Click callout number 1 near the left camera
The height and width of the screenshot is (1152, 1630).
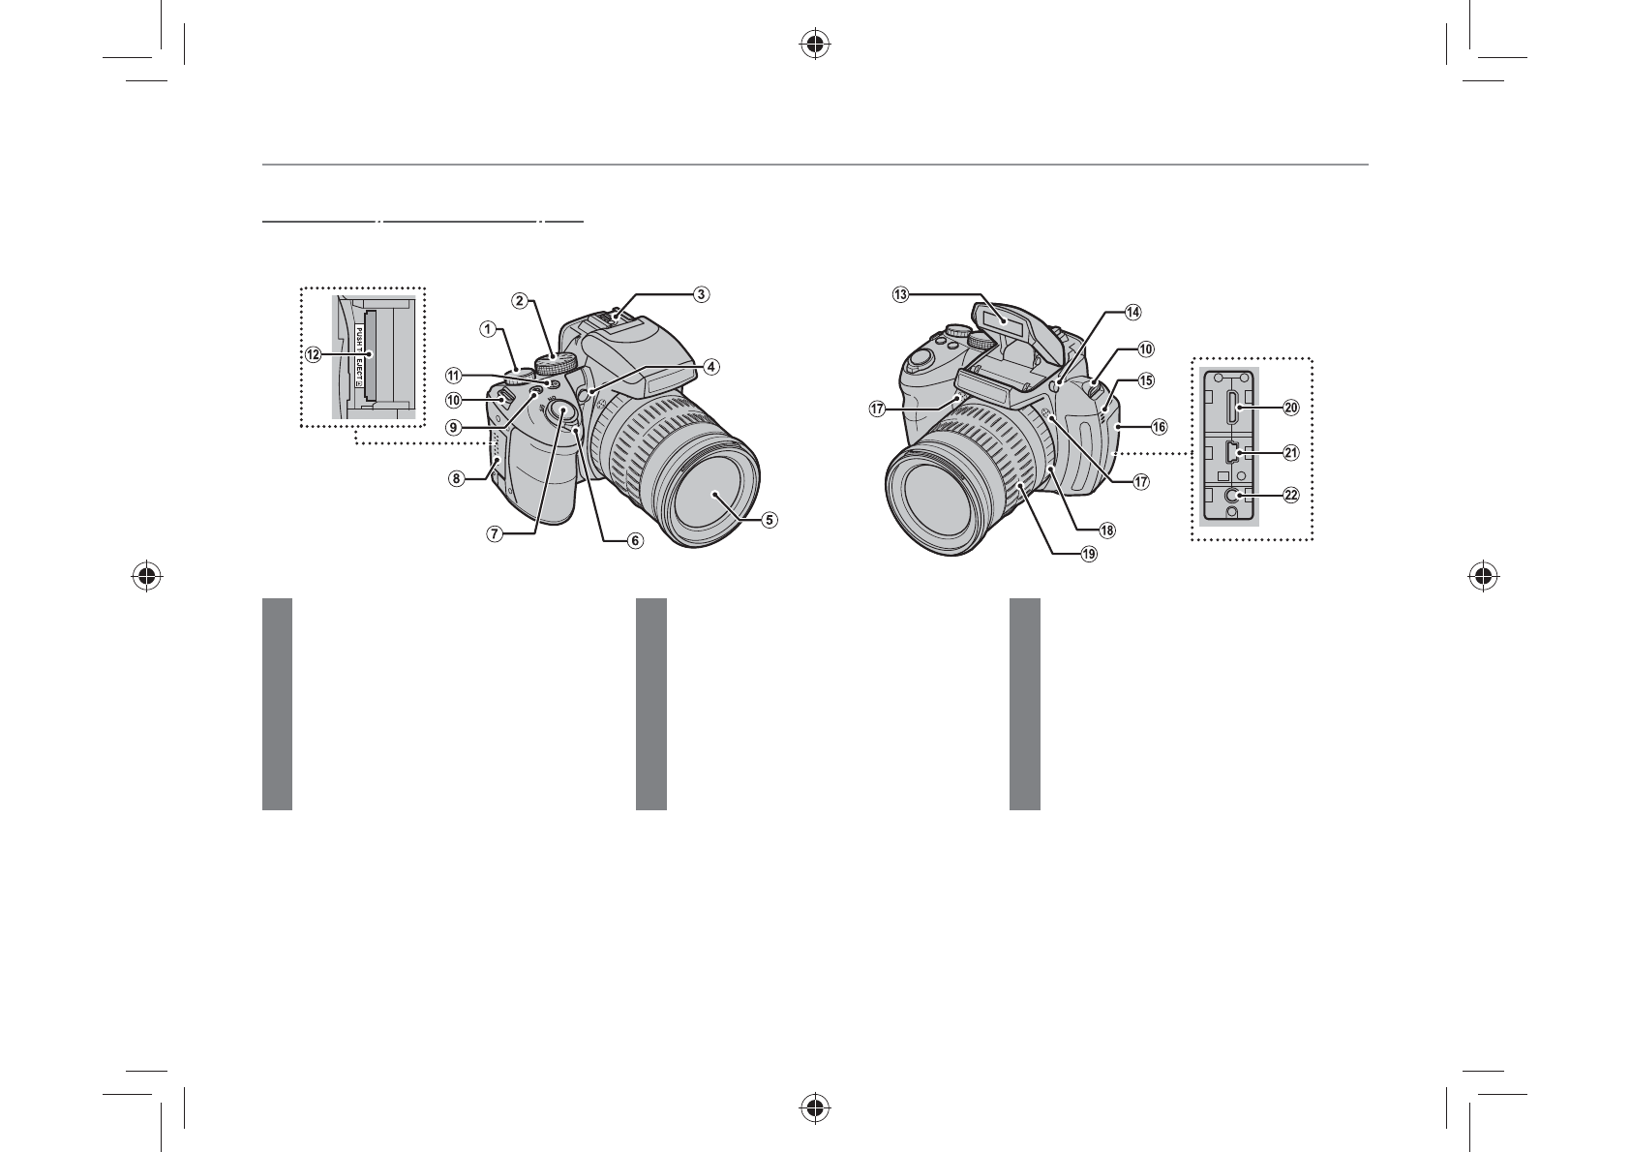(487, 330)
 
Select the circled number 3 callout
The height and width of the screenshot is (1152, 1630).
(700, 294)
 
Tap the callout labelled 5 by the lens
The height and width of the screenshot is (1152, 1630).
(770, 520)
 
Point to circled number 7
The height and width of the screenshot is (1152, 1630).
(494, 534)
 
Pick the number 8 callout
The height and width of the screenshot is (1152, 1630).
(456, 479)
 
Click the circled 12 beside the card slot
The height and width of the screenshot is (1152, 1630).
(313, 355)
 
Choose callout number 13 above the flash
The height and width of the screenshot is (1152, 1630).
(901, 294)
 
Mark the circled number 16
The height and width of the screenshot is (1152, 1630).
(1159, 427)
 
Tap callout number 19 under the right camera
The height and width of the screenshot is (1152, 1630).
(1089, 555)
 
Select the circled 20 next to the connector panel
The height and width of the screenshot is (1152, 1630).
(1291, 409)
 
